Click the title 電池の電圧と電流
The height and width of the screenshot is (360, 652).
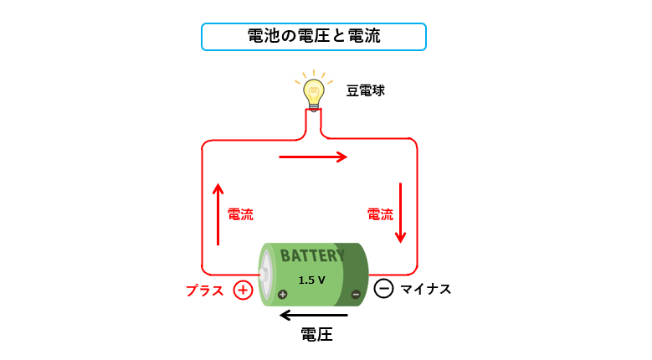pyautogui.click(x=314, y=37)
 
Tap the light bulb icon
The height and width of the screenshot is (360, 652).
pyautogui.click(x=314, y=90)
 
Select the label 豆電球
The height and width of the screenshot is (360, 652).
pyautogui.click(x=366, y=90)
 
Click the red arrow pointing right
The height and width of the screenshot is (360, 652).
pyautogui.click(x=312, y=157)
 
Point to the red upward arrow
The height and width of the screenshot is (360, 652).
pyautogui.click(x=218, y=213)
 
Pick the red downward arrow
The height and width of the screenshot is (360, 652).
pyautogui.click(x=401, y=213)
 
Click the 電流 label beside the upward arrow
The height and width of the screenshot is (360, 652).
pyautogui.click(x=240, y=214)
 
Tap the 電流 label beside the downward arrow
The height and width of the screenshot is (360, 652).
pyautogui.click(x=380, y=214)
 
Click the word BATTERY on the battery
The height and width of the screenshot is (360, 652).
pyautogui.click(x=311, y=255)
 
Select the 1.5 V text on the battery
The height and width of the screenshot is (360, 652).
pyautogui.click(x=311, y=280)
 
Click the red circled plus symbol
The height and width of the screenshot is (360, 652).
pyautogui.click(x=243, y=290)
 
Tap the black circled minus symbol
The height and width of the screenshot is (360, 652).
pyautogui.click(x=383, y=289)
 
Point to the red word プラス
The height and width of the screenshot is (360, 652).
pyautogui.click(x=205, y=291)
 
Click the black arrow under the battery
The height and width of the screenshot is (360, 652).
pyautogui.click(x=313, y=316)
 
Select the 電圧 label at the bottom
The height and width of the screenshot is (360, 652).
pyautogui.click(x=316, y=336)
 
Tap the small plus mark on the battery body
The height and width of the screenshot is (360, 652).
pyautogui.click(x=282, y=294)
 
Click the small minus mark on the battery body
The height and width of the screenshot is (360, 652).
pyautogui.click(x=356, y=294)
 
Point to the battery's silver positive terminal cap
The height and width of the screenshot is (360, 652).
pyautogui.click(x=265, y=273)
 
